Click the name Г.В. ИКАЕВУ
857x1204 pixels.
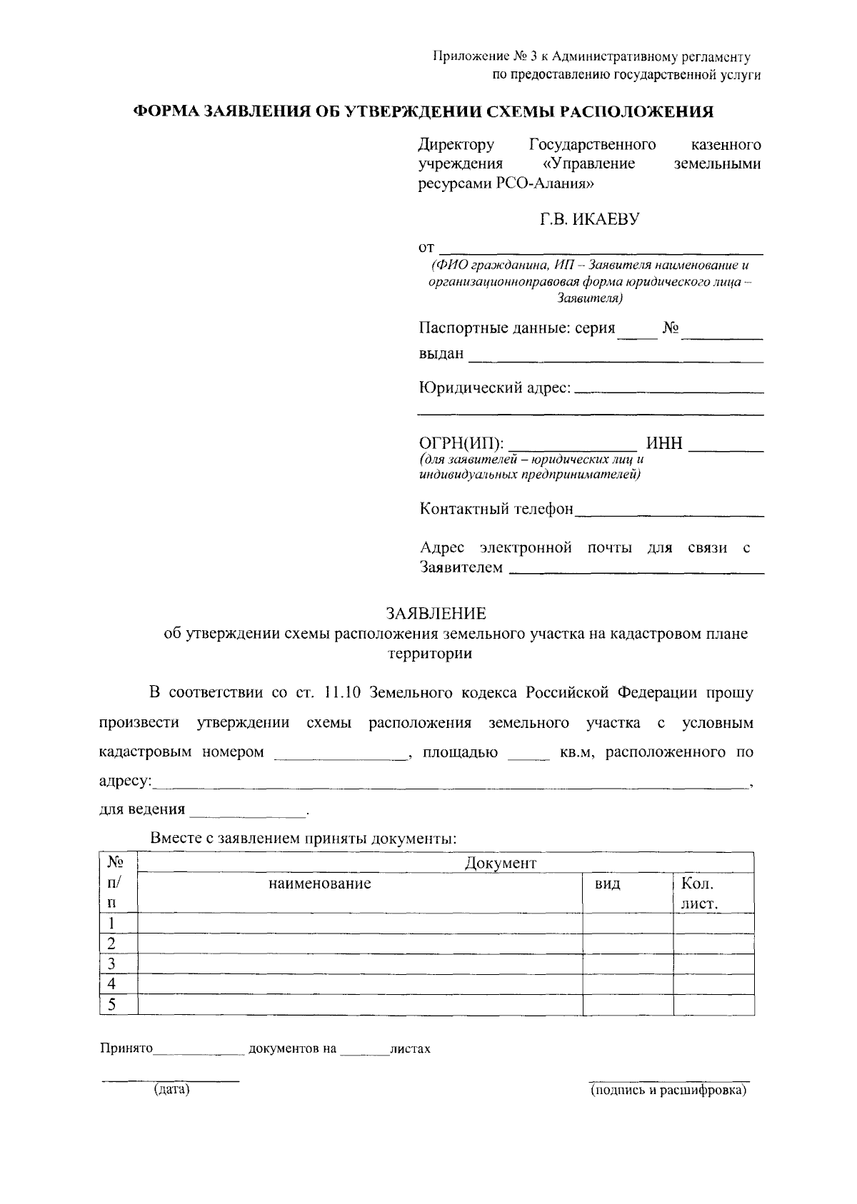click(589, 219)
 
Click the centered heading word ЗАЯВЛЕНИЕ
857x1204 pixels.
click(436, 614)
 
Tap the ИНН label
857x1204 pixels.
click(664, 444)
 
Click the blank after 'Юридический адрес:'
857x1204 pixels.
click(668, 389)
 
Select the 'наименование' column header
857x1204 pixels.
click(319, 884)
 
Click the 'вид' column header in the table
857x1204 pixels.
click(607, 884)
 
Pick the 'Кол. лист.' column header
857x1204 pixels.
click(699, 894)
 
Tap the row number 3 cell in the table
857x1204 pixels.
click(111, 963)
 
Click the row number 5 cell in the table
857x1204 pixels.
click(111, 1005)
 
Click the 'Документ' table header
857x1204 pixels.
click(500, 863)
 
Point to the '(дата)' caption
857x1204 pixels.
click(171, 1090)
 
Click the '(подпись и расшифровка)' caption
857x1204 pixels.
click(668, 1090)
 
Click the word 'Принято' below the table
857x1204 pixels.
click(126, 1049)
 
